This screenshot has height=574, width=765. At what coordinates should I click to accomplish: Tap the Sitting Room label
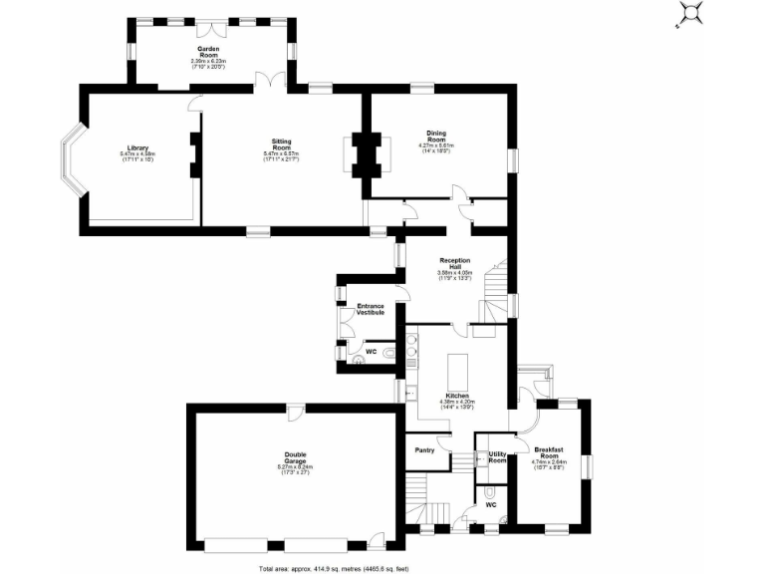(282, 142)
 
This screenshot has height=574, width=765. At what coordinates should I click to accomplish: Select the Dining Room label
(436, 134)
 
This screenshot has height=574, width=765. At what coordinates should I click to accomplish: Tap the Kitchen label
(457, 396)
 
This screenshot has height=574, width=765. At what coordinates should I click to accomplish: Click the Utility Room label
(497, 457)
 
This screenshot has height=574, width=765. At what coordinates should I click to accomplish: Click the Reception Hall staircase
(496, 290)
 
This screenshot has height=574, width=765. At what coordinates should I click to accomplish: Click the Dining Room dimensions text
(436, 148)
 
